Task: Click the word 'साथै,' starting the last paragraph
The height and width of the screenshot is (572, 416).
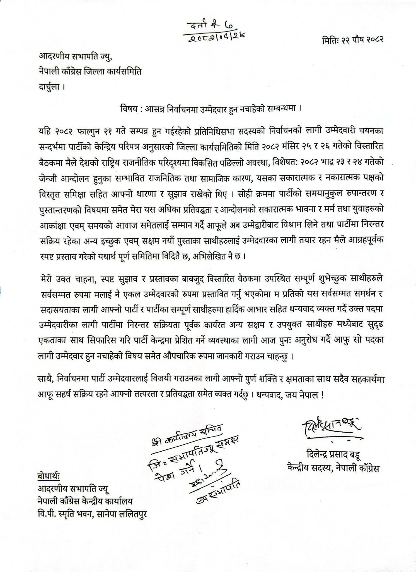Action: [x=46, y=380]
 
